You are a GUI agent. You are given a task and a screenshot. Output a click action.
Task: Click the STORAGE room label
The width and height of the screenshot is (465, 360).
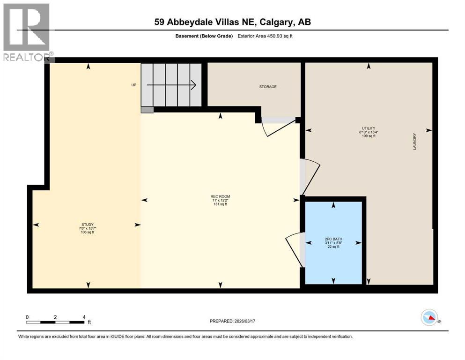[268, 87]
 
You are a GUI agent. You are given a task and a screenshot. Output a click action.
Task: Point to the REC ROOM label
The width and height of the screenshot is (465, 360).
[220, 196]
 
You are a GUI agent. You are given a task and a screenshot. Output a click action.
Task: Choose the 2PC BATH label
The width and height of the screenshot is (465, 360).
[333, 239]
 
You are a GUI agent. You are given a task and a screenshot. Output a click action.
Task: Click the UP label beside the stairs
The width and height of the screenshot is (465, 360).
[133, 85]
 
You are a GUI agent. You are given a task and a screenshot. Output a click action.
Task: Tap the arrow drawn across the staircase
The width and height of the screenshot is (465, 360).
[171, 85]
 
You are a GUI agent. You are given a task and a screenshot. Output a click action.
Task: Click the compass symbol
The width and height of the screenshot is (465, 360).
[429, 317]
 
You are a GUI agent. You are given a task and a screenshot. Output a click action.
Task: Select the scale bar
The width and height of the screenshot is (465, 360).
[55, 322]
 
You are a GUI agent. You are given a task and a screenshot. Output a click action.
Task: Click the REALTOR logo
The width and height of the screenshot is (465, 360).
[27, 33]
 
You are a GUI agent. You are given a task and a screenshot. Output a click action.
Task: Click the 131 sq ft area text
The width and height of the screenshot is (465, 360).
[220, 204]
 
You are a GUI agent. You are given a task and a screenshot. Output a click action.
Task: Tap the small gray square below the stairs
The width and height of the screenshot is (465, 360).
[147, 110]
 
